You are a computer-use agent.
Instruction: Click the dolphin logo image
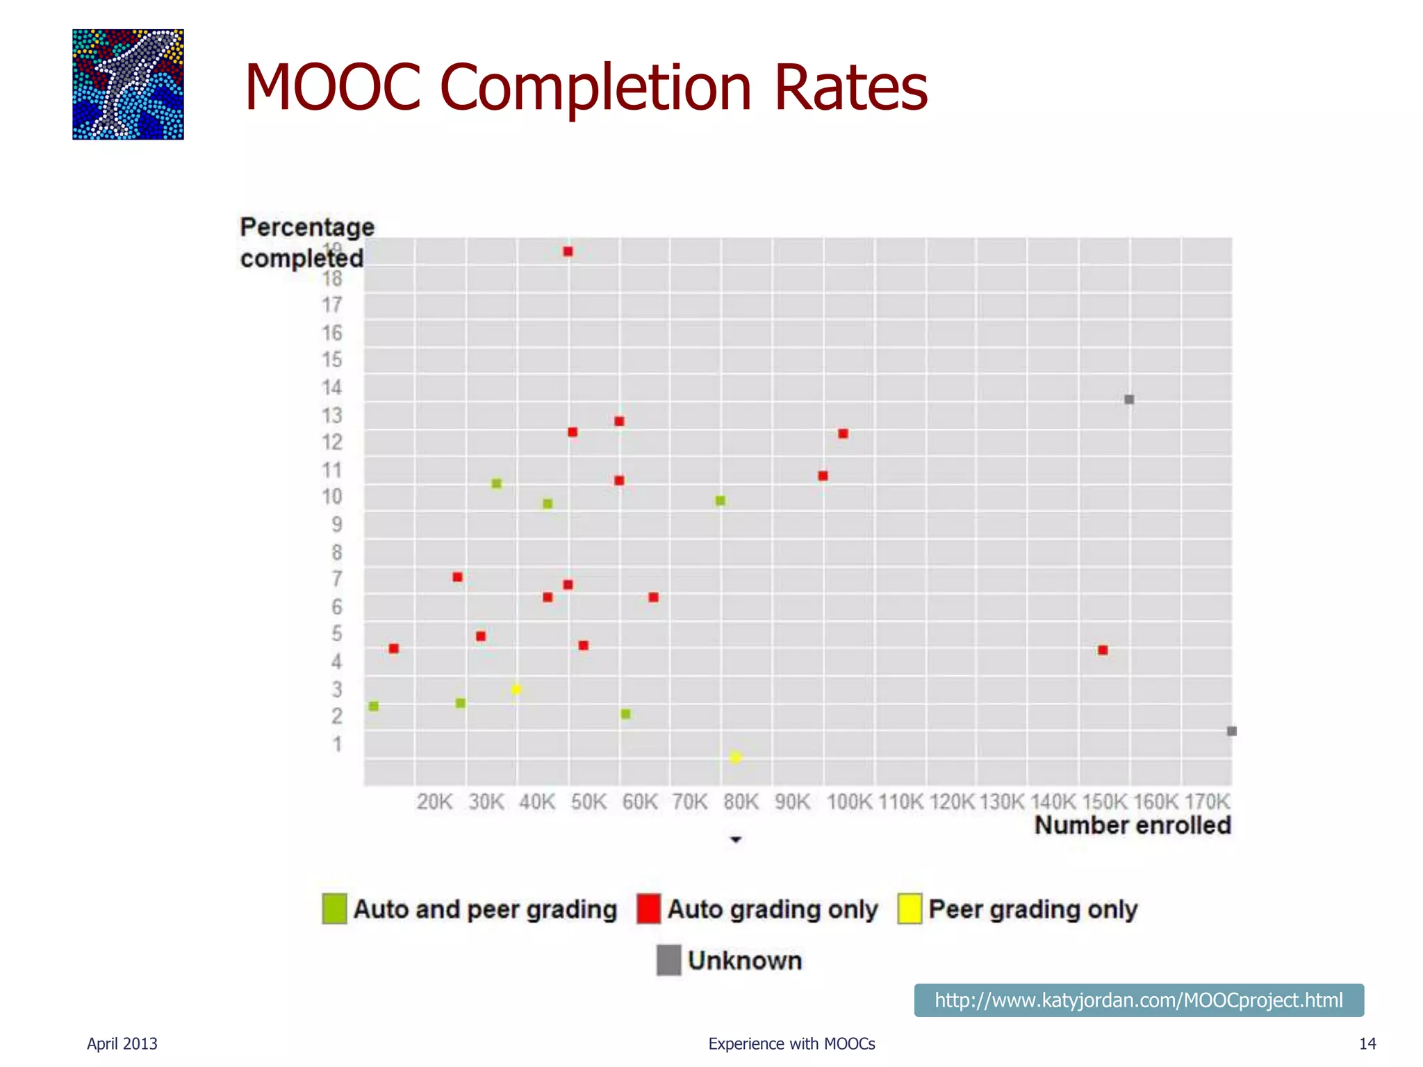[128, 84]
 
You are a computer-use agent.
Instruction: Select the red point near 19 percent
[568, 251]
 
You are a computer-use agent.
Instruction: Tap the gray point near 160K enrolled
[1129, 399]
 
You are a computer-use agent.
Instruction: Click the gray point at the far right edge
[1231, 731]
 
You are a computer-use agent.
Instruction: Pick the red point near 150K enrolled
[1103, 650]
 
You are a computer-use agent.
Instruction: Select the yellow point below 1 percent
[736, 757]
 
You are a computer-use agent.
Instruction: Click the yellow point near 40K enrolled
[516, 690]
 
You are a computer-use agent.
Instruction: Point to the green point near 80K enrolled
[721, 501]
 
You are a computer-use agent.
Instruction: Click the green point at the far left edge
[374, 706]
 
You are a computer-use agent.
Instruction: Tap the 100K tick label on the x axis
[849, 802]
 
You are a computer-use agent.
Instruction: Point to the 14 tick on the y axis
[332, 388]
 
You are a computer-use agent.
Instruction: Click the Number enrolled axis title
[1132, 826]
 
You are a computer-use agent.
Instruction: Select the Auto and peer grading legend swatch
[334, 909]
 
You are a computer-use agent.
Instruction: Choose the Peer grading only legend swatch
[909, 909]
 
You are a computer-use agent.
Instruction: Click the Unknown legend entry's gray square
[668, 960]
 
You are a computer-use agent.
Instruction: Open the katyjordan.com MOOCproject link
[1138, 1000]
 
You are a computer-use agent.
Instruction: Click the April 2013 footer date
[122, 1043]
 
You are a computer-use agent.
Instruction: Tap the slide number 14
[1367, 1043]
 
